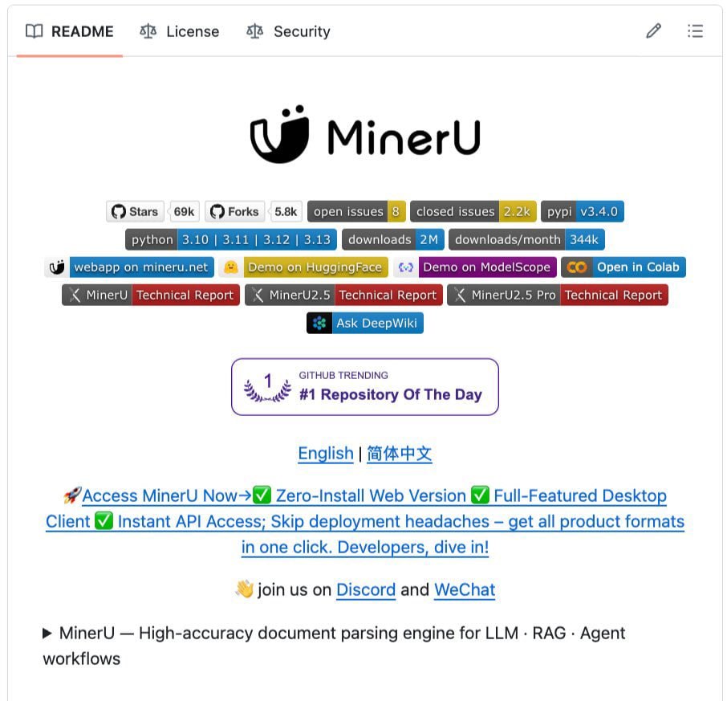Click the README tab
coord(70,31)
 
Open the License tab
coord(180,31)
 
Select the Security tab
coord(288,31)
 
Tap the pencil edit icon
coord(654,31)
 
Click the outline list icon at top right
coord(695,31)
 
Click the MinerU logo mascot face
coord(279,134)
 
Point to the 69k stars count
coord(184,211)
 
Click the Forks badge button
coord(234,211)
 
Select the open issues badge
coord(356,211)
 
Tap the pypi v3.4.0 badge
coord(583,211)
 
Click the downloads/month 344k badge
coord(526,239)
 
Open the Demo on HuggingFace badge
coord(303,267)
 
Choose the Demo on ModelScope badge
coord(475,267)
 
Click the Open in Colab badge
coord(623,267)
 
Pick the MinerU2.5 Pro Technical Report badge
coord(558,295)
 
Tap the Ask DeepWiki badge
coord(365,323)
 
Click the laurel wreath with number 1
coord(267,387)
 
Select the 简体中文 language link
coord(399,453)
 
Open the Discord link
coord(366,589)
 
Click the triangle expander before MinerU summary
coord(47,634)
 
